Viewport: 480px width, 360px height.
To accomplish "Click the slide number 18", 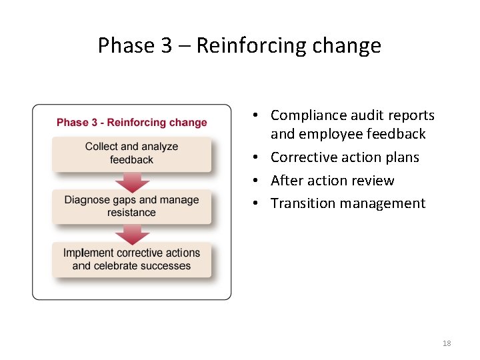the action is tap(447, 343).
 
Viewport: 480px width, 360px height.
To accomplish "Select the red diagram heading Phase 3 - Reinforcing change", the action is tap(132, 123).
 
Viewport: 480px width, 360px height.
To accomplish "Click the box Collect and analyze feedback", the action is tap(132, 153).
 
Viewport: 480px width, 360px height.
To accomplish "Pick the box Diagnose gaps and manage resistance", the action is tap(132, 206).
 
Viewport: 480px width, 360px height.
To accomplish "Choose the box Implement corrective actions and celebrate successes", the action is tap(132, 259).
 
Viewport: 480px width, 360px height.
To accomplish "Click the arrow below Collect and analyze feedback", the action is tap(132, 181).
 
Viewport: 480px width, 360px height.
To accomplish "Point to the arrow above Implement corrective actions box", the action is tap(132, 234).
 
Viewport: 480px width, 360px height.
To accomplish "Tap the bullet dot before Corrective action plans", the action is tap(256, 158).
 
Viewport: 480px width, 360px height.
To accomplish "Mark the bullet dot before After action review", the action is tap(256, 181).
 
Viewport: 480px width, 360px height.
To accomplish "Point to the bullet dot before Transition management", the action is tap(256, 204).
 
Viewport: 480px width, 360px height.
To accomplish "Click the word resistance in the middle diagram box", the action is tap(132, 213).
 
